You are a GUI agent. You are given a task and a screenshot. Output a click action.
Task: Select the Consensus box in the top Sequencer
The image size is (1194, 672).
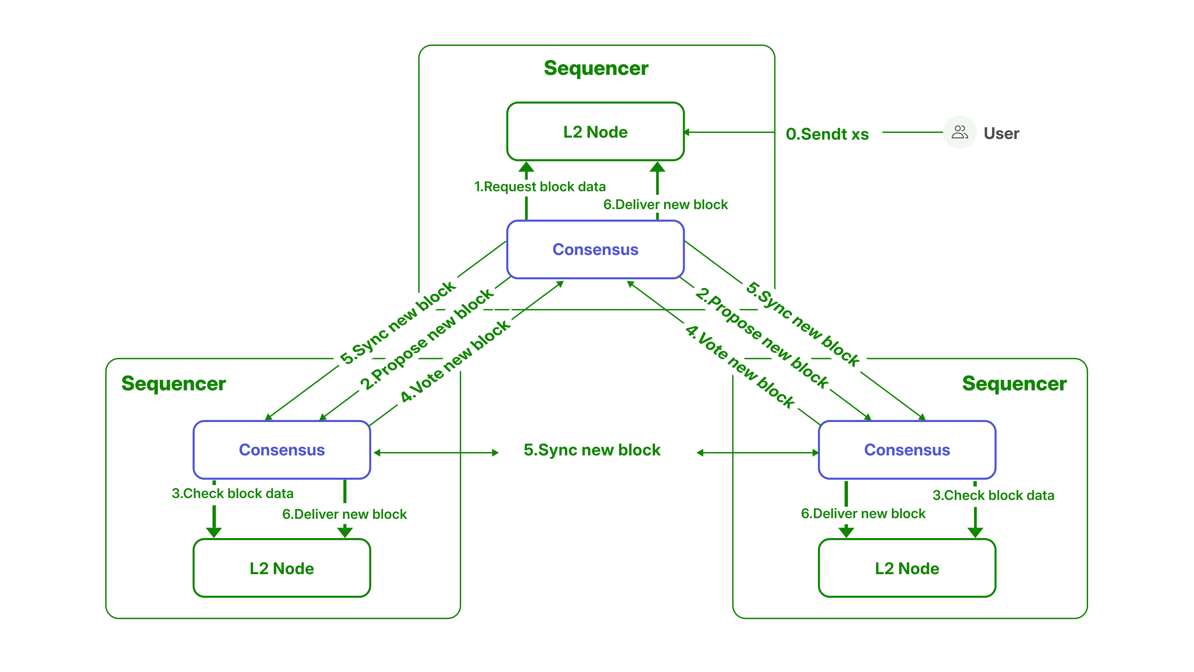[x=595, y=249]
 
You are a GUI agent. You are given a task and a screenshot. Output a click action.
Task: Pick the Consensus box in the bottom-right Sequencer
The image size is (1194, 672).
[x=907, y=450]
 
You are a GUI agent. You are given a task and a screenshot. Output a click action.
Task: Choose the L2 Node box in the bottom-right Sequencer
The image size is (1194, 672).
[x=907, y=568]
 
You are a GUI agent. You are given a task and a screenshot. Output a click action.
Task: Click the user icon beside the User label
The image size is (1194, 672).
[x=960, y=133]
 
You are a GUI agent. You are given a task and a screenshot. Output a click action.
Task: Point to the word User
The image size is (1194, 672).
[x=1001, y=134]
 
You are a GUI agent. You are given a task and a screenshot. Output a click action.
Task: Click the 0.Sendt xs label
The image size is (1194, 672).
[x=827, y=134]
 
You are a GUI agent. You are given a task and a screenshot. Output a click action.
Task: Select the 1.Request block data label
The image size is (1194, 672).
[x=540, y=187]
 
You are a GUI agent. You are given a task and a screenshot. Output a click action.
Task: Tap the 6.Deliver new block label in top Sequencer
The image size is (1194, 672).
[x=665, y=204]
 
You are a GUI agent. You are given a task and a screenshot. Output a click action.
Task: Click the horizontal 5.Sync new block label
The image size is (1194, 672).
[x=592, y=450]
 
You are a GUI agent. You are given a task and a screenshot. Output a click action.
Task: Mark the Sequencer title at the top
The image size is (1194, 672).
[x=596, y=68]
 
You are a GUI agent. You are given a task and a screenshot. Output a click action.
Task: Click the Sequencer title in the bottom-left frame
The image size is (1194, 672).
[x=173, y=384]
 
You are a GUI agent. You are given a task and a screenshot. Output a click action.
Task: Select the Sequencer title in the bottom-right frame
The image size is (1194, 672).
[x=1014, y=384]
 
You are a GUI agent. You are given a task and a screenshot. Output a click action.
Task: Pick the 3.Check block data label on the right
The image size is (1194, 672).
[x=993, y=495]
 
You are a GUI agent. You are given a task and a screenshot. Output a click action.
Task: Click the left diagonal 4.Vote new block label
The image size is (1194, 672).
[x=455, y=362]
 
